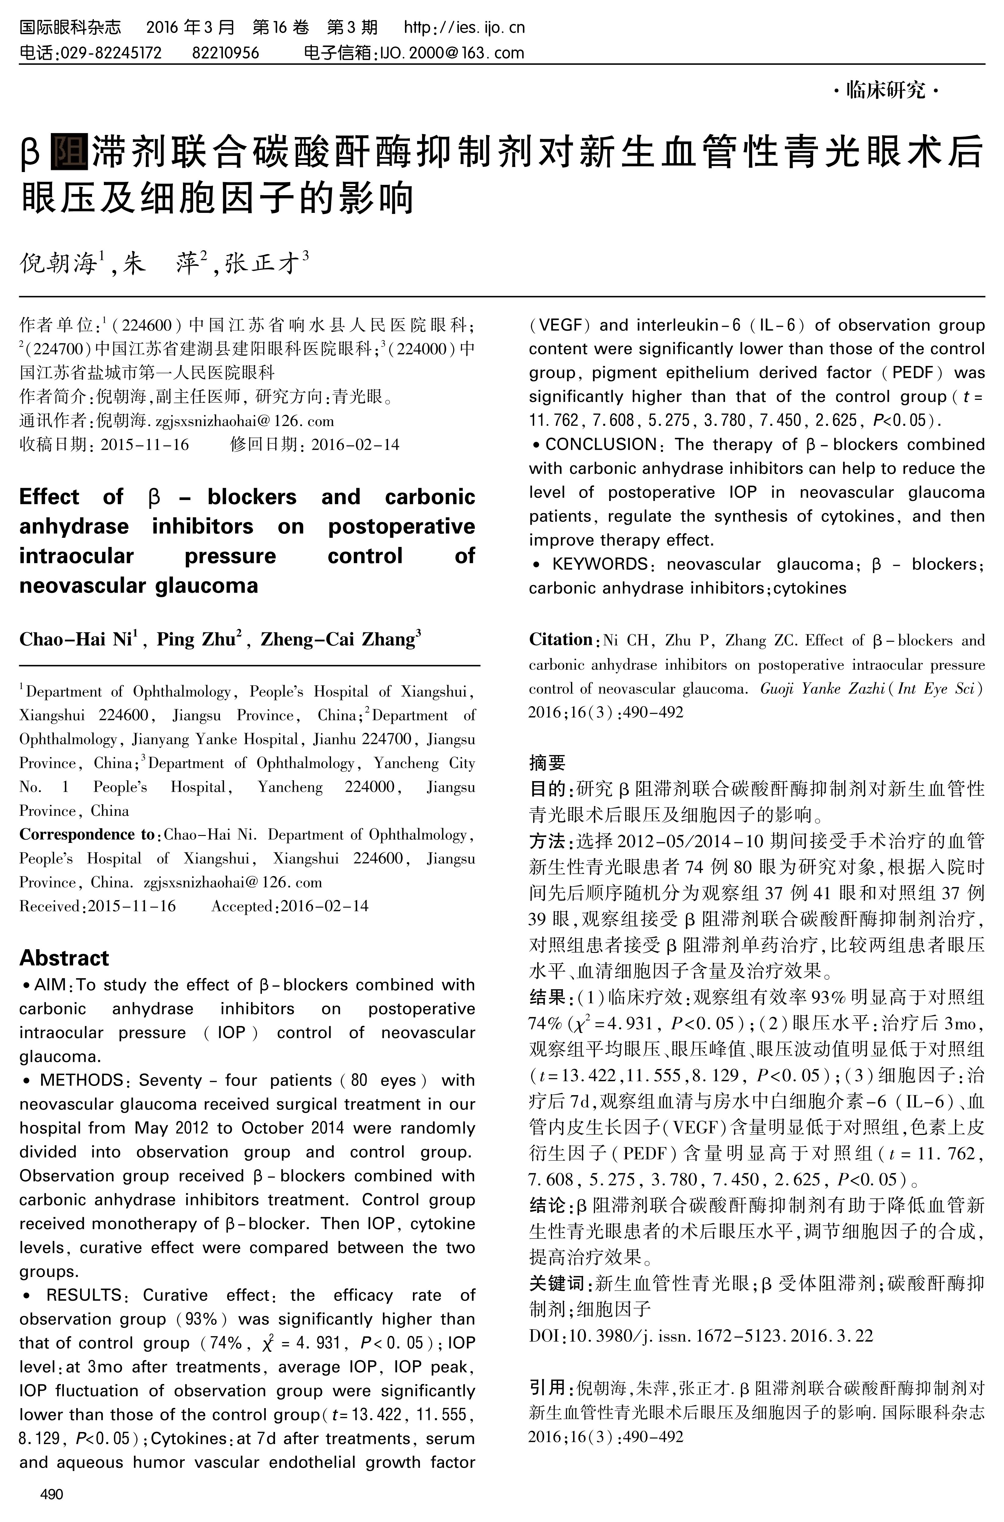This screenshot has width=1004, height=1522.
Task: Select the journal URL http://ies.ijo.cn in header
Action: [464, 27]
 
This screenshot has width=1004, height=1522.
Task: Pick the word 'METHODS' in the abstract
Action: [81, 1080]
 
